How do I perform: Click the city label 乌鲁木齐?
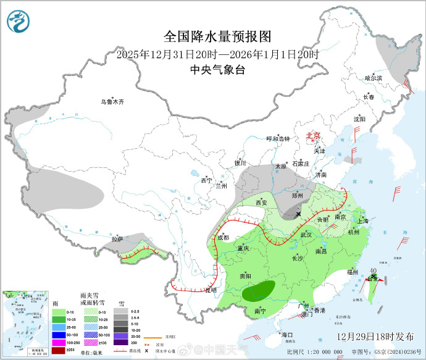[x=113, y=102]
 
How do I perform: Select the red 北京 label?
[x=314, y=136]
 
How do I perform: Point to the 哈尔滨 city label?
[x=374, y=78]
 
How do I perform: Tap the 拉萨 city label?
[x=117, y=239]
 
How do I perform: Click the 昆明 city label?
[x=211, y=290]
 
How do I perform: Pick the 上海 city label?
[x=363, y=221]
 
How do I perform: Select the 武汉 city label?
[x=306, y=235]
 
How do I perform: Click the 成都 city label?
[x=222, y=237]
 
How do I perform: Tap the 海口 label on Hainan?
[x=287, y=334]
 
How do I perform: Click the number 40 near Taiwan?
[x=373, y=270]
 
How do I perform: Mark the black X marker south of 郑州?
[x=299, y=214]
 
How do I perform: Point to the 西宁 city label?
[x=206, y=180]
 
